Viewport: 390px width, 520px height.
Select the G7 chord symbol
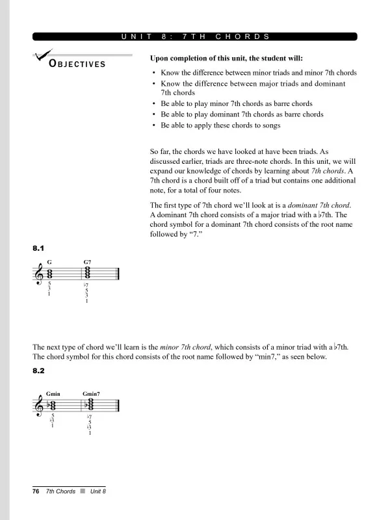click(x=87, y=262)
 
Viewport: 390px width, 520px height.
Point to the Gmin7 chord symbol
click(x=92, y=394)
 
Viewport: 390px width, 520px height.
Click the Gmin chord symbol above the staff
click(x=53, y=394)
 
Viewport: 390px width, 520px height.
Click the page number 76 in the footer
click(x=36, y=491)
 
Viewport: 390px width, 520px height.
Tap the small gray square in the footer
click(x=83, y=491)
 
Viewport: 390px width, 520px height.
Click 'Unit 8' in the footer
click(x=97, y=491)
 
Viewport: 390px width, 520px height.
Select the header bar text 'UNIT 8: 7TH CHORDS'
click(x=195, y=37)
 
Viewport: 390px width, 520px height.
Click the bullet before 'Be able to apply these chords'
click(x=153, y=125)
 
